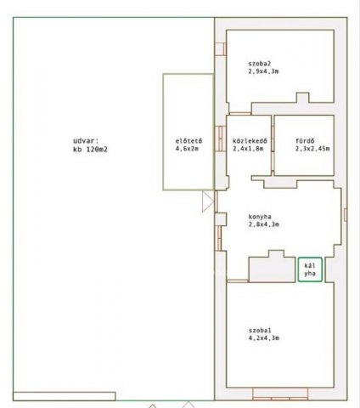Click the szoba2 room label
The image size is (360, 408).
[x=260, y=64]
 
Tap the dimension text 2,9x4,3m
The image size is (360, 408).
[x=263, y=71]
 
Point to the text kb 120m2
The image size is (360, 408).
[x=90, y=150]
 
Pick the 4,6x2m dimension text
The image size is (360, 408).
[x=187, y=149]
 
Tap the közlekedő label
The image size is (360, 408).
[x=250, y=141]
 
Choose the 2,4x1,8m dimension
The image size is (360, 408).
[x=248, y=149]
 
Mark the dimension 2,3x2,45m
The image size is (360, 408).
[x=312, y=149]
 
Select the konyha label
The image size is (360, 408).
[x=260, y=217]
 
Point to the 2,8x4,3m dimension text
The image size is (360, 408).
[x=264, y=224]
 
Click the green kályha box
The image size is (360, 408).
[x=310, y=269]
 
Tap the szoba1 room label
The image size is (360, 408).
[x=260, y=330]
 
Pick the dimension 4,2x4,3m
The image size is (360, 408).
[x=264, y=337]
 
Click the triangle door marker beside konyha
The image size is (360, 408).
[x=208, y=201]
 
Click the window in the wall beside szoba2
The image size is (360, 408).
[x=221, y=48]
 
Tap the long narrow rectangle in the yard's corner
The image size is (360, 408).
[x=65, y=396]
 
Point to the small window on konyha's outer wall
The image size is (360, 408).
[x=345, y=214]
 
